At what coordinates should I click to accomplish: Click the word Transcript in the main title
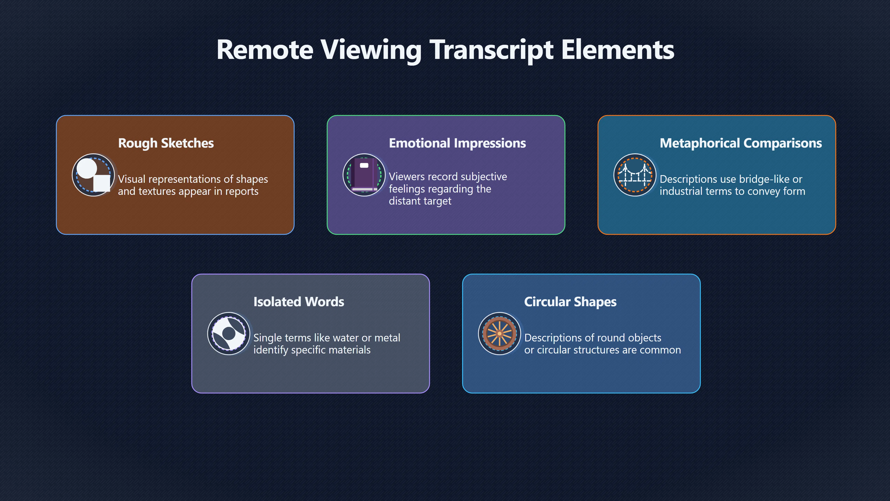[x=491, y=50]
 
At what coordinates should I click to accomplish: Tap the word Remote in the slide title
[x=265, y=50]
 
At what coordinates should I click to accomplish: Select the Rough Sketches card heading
[x=166, y=143]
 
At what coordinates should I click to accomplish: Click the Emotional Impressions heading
[x=457, y=143]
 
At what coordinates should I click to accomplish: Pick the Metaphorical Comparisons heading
[x=741, y=143]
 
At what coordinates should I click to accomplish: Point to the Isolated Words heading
[x=299, y=302]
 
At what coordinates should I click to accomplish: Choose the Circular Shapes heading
[x=570, y=302]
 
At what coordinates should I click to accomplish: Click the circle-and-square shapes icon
[x=93, y=175]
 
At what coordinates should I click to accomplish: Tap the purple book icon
[x=364, y=175]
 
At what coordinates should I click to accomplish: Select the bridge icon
[x=635, y=175]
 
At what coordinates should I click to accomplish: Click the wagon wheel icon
[x=499, y=334]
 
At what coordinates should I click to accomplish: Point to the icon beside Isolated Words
[x=229, y=334]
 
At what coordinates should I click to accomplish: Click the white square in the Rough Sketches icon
[x=102, y=183]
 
